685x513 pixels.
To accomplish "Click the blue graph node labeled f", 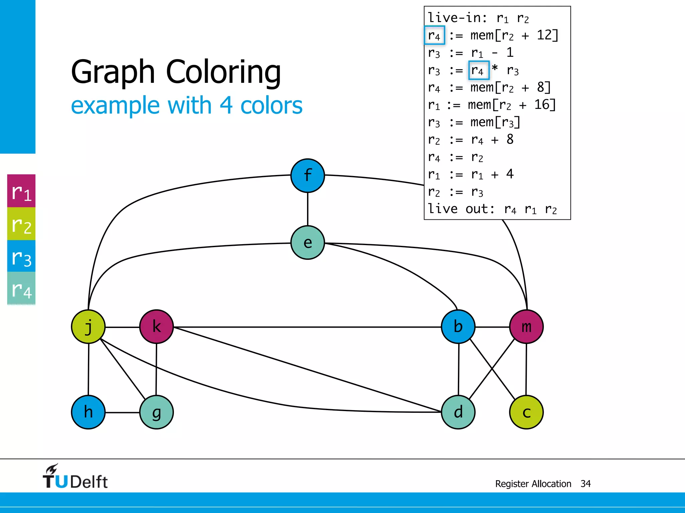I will click(x=307, y=176).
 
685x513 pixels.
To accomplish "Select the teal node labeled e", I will click(x=307, y=242).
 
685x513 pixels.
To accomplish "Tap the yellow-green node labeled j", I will click(x=88, y=327).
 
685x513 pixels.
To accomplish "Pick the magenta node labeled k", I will click(x=156, y=327).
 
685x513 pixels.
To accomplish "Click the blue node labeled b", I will click(x=458, y=327).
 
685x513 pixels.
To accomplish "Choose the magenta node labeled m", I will click(x=526, y=327).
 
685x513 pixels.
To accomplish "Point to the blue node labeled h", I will click(x=88, y=412).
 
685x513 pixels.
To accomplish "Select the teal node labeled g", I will click(x=156, y=412).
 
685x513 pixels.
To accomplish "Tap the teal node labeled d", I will click(x=458, y=412).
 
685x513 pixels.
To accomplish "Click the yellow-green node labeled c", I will click(x=526, y=412).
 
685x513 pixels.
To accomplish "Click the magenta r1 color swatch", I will click(x=21, y=191).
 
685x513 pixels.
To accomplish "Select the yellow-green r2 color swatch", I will click(x=21, y=224).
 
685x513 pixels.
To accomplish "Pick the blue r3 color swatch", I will click(x=21, y=256).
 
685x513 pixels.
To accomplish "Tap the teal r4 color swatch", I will click(x=21, y=288).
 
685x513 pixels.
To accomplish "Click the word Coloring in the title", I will click(x=223, y=72).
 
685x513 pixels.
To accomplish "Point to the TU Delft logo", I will click(x=75, y=477).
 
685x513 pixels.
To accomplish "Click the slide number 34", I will click(x=585, y=484).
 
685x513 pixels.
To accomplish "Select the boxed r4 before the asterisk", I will click(x=479, y=70).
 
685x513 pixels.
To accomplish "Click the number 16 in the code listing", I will click(x=542, y=105).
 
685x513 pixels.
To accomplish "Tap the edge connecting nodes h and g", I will click(x=122, y=412).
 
